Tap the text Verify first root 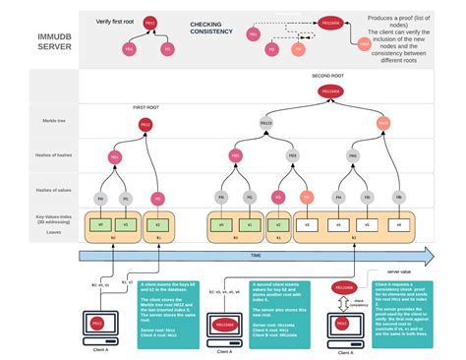[115, 20]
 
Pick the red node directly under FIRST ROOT [146, 124]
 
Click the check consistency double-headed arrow [343, 301]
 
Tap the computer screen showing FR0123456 [228, 324]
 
